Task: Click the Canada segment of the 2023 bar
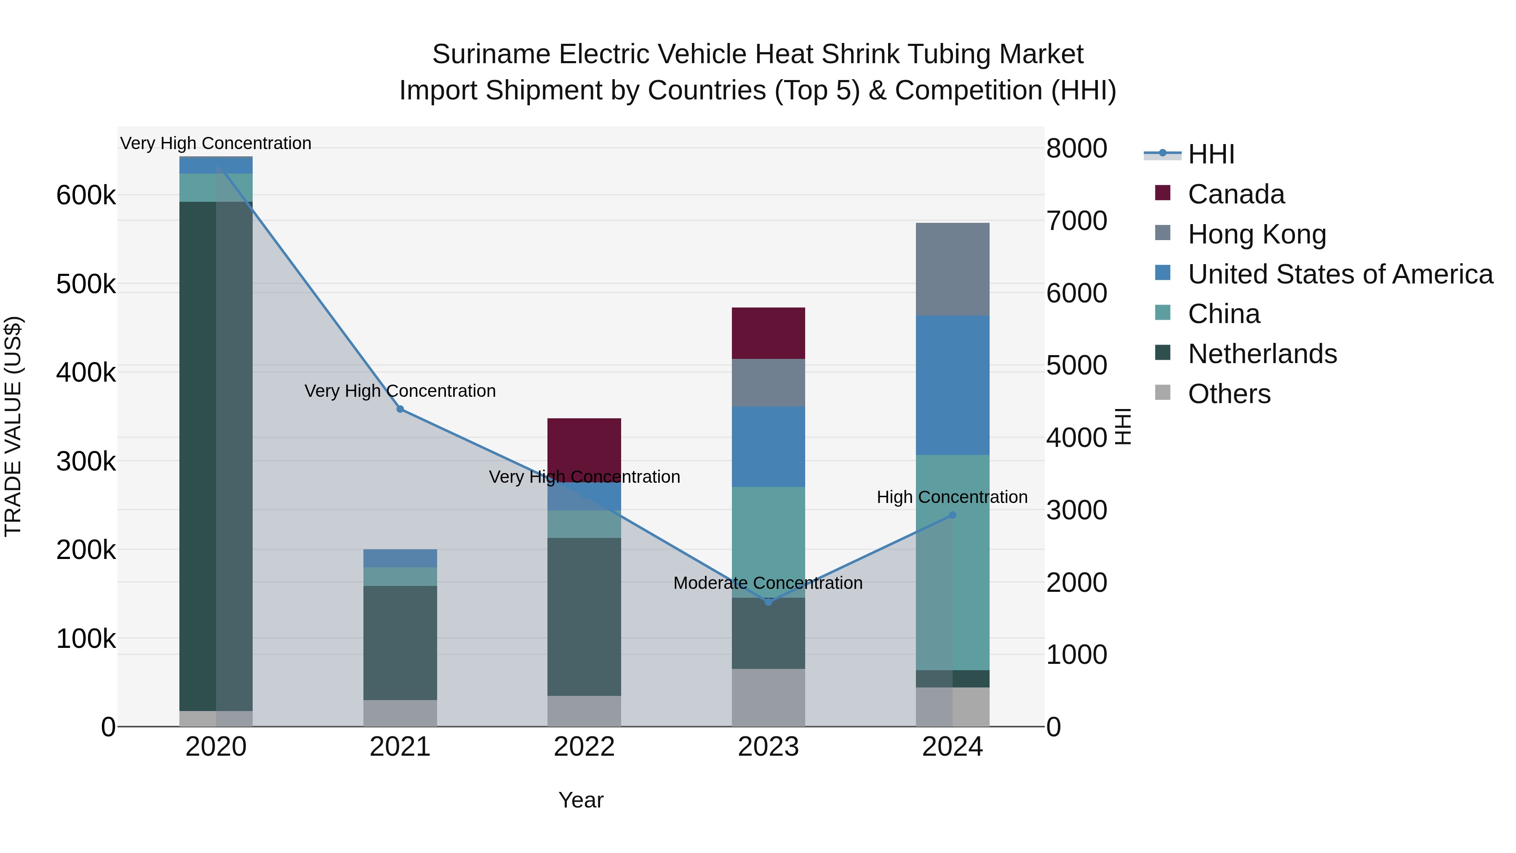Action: click(x=768, y=333)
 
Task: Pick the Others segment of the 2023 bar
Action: click(x=768, y=697)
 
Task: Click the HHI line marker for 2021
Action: click(x=400, y=409)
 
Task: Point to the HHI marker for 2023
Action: click(x=768, y=602)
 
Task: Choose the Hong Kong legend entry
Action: click(x=1257, y=234)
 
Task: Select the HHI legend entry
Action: click(x=1211, y=154)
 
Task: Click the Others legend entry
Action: click(x=1229, y=394)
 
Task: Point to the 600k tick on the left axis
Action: click(x=86, y=195)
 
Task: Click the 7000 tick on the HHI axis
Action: click(x=1076, y=221)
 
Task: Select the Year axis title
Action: click(x=581, y=800)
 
